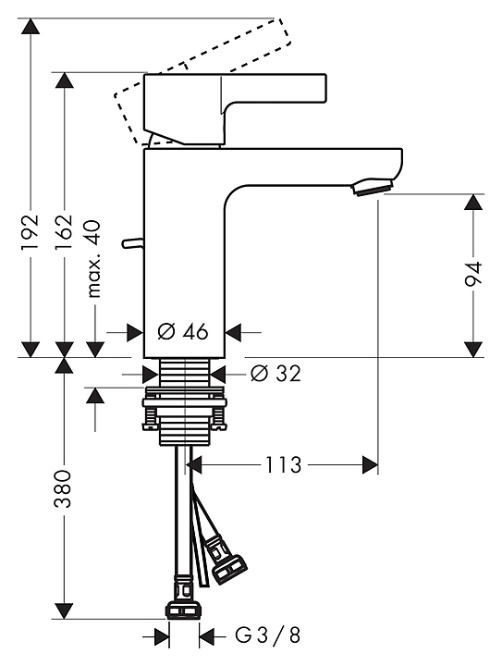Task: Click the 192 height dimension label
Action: pyautogui.click(x=31, y=233)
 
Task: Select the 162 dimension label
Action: pyautogui.click(x=65, y=233)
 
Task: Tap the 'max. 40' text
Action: pyautogui.click(x=94, y=259)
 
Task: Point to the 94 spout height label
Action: pyautogui.click(x=472, y=275)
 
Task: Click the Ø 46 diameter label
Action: pyautogui.click(x=183, y=331)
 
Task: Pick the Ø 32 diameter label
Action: pyautogui.click(x=275, y=374)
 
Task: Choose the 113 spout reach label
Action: pyautogui.click(x=283, y=465)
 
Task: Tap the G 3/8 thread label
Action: pyautogui.click(x=268, y=635)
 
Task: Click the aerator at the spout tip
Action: pyautogui.click(x=372, y=187)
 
